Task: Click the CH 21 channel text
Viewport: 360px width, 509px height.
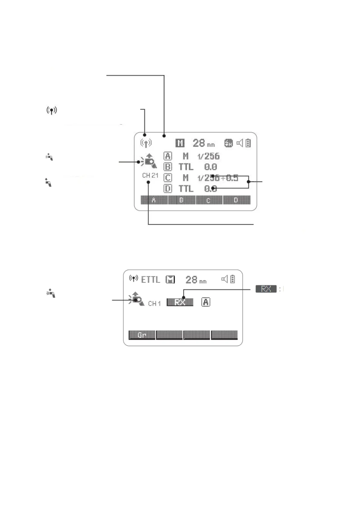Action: (x=150, y=175)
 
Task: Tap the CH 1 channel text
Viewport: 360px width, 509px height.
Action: (x=154, y=303)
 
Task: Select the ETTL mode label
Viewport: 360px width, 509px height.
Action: (x=151, y=280)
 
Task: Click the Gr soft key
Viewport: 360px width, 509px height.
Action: (x=142, y=335)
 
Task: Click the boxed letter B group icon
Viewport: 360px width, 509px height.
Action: (x=168, y=167)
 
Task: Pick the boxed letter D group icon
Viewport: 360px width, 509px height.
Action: (x=168, y=189)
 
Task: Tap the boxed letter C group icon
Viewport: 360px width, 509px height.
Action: (x=168, y=178)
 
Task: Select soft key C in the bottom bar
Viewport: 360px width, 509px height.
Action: (x=209, y=200)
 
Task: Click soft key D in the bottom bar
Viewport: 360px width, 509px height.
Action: (x=236, y=200)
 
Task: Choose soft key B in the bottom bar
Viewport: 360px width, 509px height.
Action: (x=181, y=200)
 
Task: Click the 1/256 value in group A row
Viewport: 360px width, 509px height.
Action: (x=208, y=156)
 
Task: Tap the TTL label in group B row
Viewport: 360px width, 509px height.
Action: (x=186, y=167)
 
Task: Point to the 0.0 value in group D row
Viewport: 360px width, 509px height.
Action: (x=210, y=189)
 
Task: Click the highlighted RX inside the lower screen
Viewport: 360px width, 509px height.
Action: (x=180, y=302)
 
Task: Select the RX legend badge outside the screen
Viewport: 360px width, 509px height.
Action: (x=266, y=289)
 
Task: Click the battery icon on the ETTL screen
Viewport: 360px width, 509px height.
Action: (x=233, y=279)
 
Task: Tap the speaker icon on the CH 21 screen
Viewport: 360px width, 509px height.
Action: (x=240, y=143)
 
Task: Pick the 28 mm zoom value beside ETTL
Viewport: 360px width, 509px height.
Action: (x=196, y=280)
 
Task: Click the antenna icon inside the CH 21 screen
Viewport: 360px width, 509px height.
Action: (x=146, y=143)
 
